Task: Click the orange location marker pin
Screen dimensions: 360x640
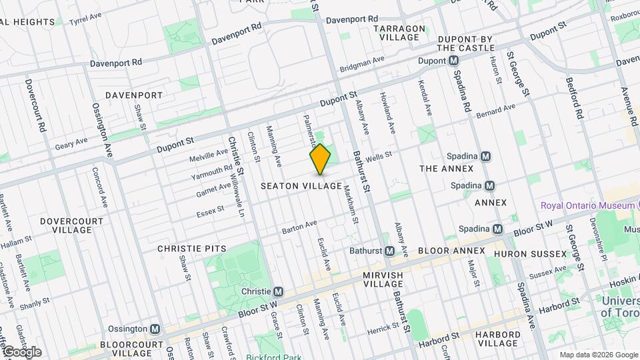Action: (x=321, y=159)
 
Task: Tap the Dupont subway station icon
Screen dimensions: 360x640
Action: (x=453, y=61)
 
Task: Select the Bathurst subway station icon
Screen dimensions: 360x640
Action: (x=391, y=251)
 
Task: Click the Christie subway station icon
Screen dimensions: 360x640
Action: (x=279, y=291)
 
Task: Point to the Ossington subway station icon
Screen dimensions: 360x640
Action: (x=155, y=329)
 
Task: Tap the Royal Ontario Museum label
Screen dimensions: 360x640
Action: (x=587, y=206)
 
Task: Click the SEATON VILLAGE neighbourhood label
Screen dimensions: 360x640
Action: (x=301, y=185)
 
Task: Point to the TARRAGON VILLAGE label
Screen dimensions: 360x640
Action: (x=400, y=33)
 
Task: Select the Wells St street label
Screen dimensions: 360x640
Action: (x=378, y=156)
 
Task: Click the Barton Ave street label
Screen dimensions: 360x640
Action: (x=299, y=227)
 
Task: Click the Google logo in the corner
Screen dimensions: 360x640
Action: (x=21, y=352)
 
